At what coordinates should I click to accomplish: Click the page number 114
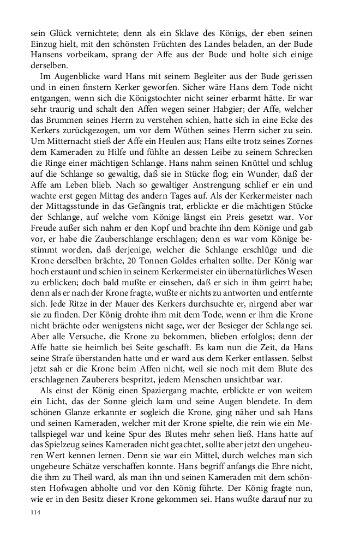pos(36,513)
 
